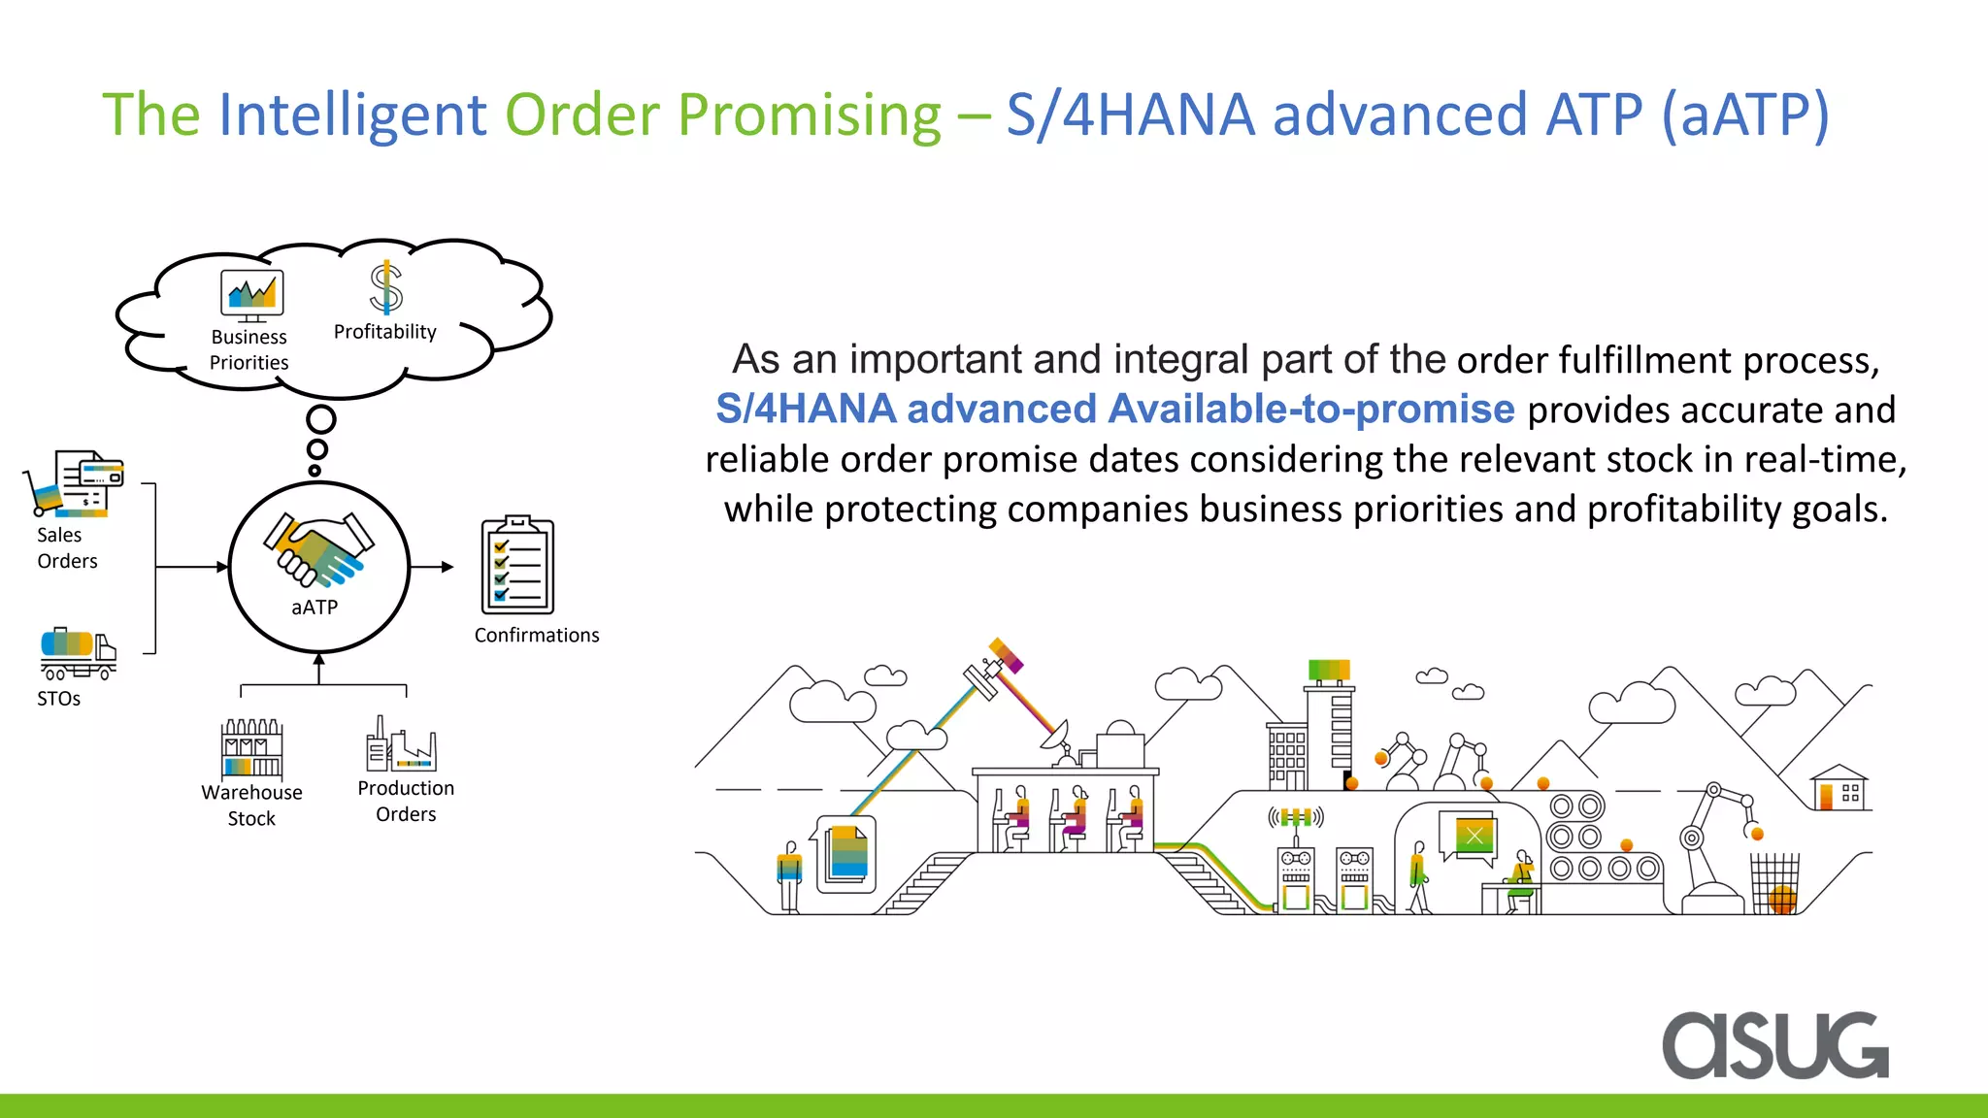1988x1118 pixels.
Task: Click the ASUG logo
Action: pyautogui.click(x=1774, y=1045)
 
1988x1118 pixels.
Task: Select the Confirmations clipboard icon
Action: pyautogui.click(x=517, y=566)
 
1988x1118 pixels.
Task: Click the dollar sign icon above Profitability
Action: pyautogui.click(x=385, y=287)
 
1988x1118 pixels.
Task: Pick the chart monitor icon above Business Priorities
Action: pyautogui.click(x=251, y=294)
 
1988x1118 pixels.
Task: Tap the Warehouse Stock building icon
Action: pyautogui.click(x=251, y=747)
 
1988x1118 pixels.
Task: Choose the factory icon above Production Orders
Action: pyautogui.click(x=401, y=744)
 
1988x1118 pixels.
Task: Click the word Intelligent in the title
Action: pyautogui.click(x=350, y=115)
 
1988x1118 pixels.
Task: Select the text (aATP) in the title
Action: pyautogui.click(x=1744, y=115)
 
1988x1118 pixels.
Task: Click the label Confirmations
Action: pyautogui.click(x=537, y=636)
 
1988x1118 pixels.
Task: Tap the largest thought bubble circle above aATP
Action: pyautogui.click(x=321, y=419)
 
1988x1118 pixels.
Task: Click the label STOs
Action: pyautogui.click(x=58, y=699)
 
